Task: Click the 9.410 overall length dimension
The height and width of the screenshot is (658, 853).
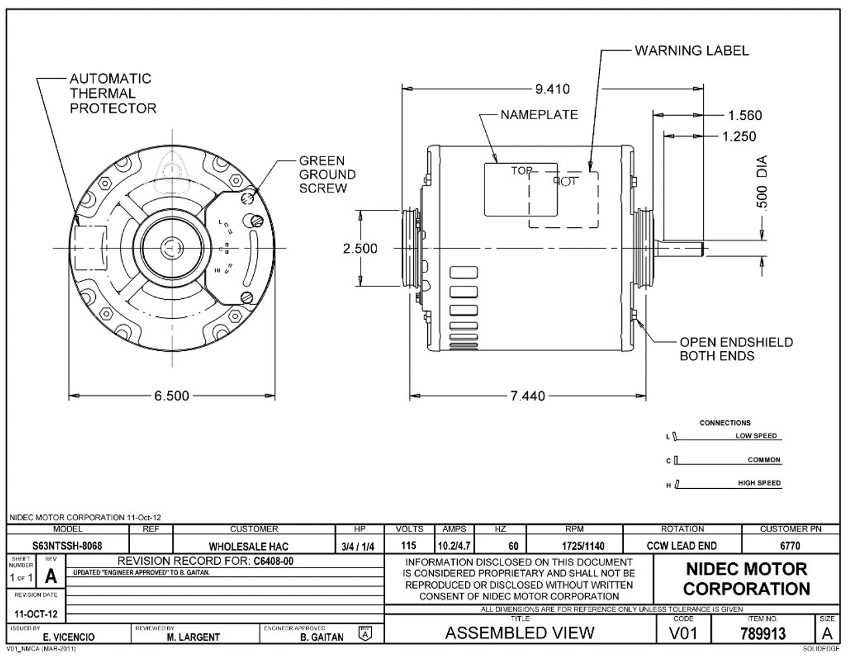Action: (552, 89)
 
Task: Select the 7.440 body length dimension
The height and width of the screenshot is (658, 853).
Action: (527, 396)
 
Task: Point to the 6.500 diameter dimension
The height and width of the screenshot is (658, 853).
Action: (172, 396)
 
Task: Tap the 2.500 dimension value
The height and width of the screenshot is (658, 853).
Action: (360, 248)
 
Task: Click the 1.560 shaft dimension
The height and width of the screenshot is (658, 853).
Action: (744, 115)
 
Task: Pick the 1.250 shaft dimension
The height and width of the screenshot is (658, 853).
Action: (739, 137)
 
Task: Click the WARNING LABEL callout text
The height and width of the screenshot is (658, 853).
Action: (691, 51)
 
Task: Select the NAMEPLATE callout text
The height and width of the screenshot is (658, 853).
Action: (538, 115)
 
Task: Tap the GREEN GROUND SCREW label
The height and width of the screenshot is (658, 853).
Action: (327, 174)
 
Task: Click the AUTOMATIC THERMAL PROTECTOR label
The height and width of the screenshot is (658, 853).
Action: (113, 93)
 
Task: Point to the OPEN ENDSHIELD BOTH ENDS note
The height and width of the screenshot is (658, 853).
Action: (736, 349)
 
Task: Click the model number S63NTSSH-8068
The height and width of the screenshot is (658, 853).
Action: (67, 546)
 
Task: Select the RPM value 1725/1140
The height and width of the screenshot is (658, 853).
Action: (574, 546)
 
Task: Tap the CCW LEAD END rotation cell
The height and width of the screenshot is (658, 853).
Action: (681, 546)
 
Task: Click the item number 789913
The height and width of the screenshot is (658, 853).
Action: (762, 633)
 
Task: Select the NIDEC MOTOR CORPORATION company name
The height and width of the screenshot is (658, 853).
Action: (746, 579)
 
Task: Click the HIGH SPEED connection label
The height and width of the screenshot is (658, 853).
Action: (758, 484)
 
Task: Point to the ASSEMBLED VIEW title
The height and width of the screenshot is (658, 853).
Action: (519, 633)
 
